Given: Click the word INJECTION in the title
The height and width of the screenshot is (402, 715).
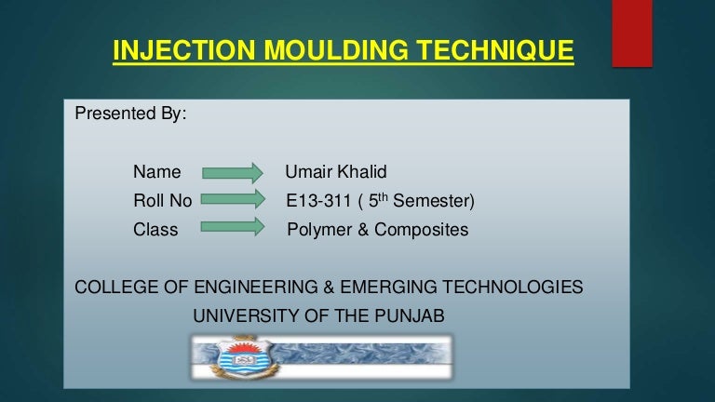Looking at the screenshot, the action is coord(184,50).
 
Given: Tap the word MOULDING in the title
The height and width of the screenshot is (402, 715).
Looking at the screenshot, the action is coord(336,50).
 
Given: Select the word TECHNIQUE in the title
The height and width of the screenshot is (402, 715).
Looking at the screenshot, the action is coord(494,50).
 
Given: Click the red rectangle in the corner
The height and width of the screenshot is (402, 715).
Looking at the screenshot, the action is coord(632,33).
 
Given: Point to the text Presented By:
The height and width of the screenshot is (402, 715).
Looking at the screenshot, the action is coord(130,114).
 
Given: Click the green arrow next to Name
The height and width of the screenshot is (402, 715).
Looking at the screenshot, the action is coord(233,173).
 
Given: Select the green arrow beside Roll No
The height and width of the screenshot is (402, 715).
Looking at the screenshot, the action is coord(233,199).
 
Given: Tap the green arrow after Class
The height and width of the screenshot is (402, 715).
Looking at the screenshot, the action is coord(233,226).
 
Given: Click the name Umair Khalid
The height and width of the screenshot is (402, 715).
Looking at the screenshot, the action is coord(335,172).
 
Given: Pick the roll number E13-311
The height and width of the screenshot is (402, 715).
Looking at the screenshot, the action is coord(318,201).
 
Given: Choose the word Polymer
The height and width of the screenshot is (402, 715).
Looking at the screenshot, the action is coord(319,230).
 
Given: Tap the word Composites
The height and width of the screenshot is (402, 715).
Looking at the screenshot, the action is coord(421,230).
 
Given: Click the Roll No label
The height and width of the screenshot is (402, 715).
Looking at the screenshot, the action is coord(162,201).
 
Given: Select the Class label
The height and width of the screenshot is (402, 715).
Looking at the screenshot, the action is coord(155,230).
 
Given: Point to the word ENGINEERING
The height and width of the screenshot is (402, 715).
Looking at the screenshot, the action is coord(256,288).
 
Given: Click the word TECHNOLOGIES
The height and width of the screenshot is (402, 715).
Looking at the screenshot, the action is coord(512,288).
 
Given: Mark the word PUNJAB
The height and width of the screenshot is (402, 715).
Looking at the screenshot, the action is coord(409,315).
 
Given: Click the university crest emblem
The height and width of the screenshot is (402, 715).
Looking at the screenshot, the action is coord(246,357).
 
